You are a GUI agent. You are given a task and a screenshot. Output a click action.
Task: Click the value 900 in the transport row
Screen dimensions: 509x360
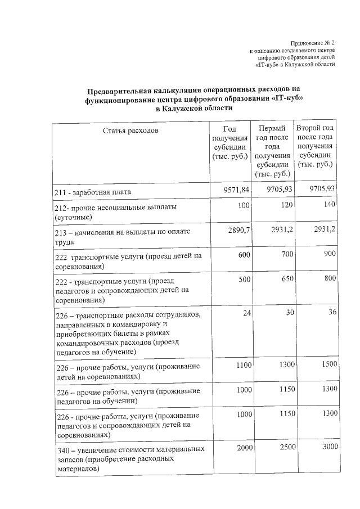pyautogui.click(x=329, y=254)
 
